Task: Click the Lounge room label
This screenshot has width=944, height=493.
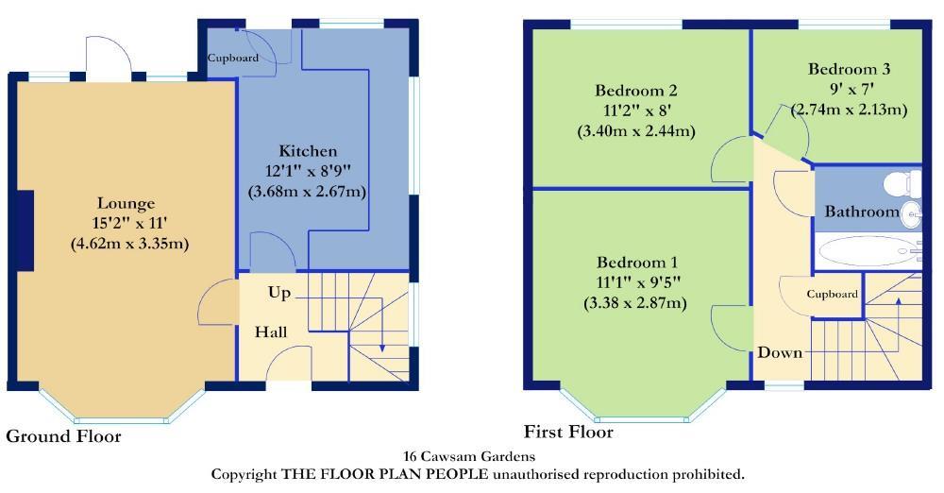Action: (126, 203)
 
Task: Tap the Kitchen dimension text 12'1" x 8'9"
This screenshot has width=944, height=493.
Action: (307, 171)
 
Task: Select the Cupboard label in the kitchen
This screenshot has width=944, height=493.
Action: (233, 58)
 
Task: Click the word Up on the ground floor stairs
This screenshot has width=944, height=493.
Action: (279, 293)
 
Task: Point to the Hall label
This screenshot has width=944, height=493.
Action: (271, 332)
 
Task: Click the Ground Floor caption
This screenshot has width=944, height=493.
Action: (63, 436)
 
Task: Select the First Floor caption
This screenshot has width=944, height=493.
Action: (568, 433)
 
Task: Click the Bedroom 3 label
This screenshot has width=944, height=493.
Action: (849, 69)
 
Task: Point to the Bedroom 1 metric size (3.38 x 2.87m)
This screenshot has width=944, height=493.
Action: (635, 303)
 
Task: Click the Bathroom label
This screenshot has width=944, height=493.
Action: (861, 212)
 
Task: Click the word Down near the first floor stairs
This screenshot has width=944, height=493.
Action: (780, 352)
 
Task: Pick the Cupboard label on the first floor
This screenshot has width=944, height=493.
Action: (832, 294)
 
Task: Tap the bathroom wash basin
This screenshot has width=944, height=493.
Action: (910, 213)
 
